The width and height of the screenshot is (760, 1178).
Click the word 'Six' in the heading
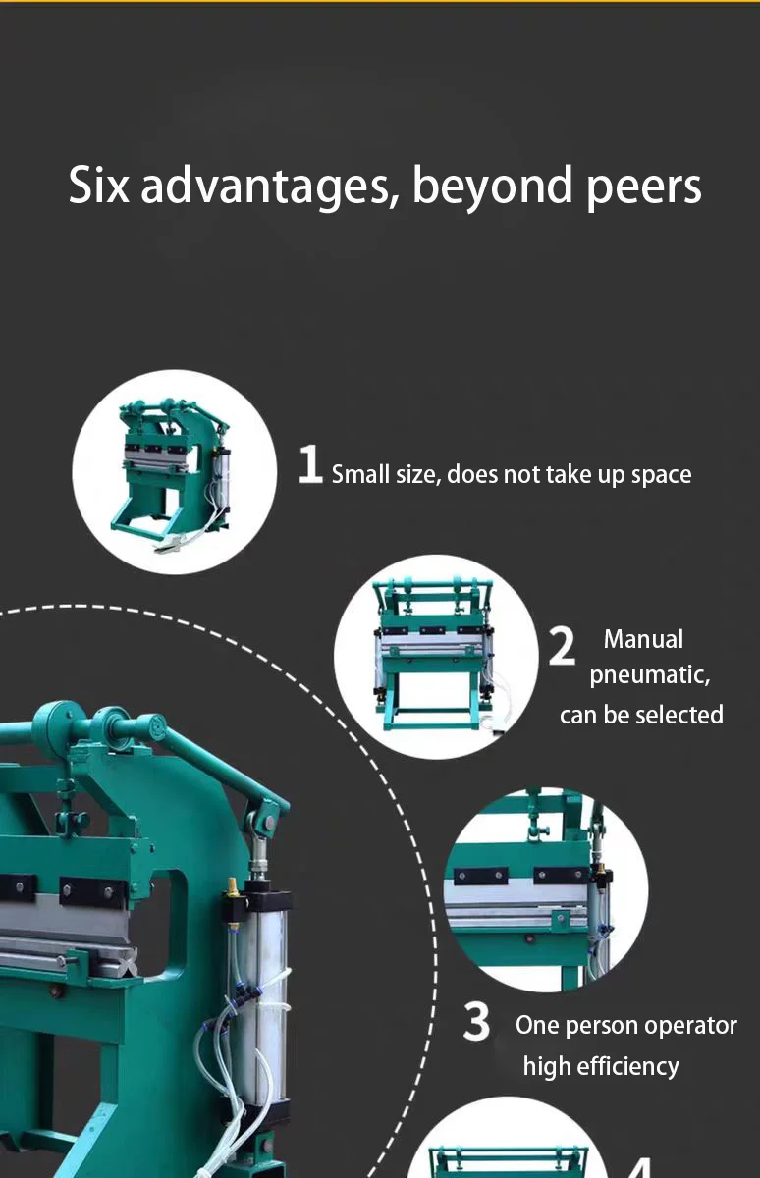coord(98,186)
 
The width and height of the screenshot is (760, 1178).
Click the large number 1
coord(310,464)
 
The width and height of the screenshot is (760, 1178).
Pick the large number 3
coord(477,1022)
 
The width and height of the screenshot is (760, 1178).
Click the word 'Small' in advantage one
coord(359,475)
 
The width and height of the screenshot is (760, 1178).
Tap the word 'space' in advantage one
coord(661,475)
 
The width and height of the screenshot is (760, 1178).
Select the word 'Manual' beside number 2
coord(643,639)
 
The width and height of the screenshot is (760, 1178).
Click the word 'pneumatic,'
coord(649,676)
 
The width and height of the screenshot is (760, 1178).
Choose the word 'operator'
coord(687,1025)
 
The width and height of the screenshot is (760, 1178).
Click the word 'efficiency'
coord(628,1066)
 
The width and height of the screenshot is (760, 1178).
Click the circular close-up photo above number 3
coord(545,888)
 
